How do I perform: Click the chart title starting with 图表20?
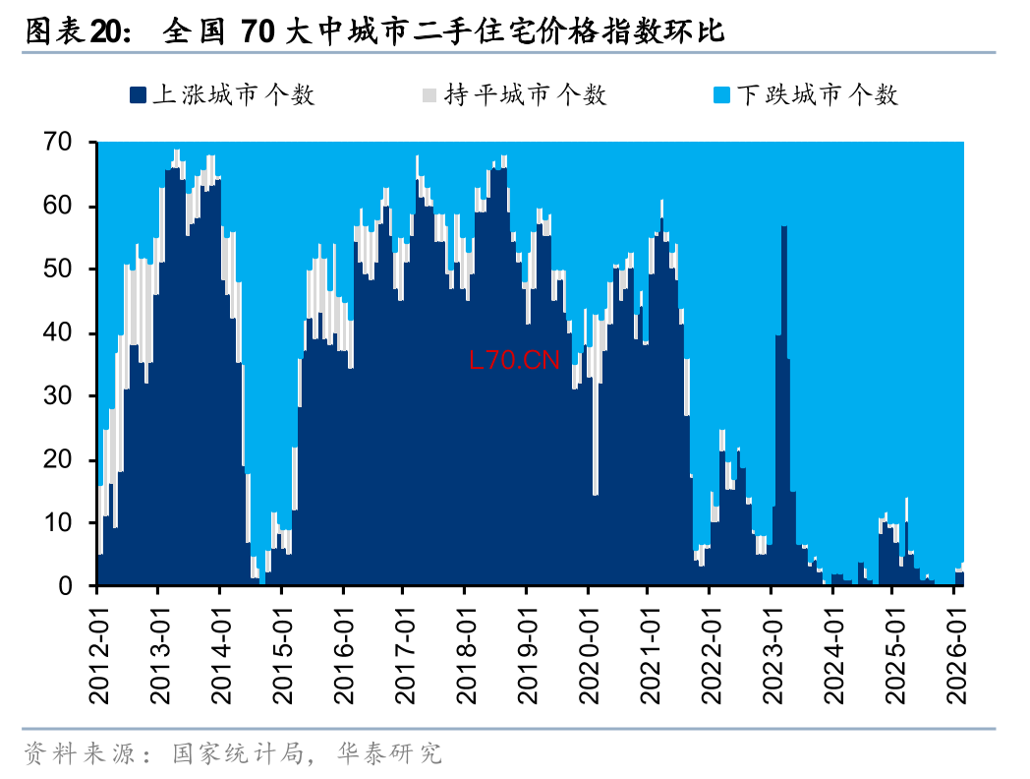[x=373, y=31]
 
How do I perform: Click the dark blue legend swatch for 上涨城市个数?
[x=138, y=95]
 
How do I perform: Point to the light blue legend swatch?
[x=721, y=95]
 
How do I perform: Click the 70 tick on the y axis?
[x=58, y=143]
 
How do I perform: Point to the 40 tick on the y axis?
[x=58, y=333]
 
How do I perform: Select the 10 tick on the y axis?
[x=58, y=523]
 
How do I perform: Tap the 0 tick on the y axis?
[x=66, y=586]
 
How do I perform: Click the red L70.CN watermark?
[x=514, y=361]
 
